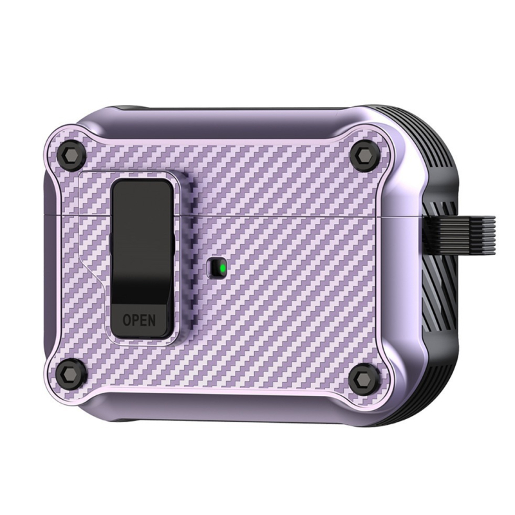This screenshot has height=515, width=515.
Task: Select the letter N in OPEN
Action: pos(151,319)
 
